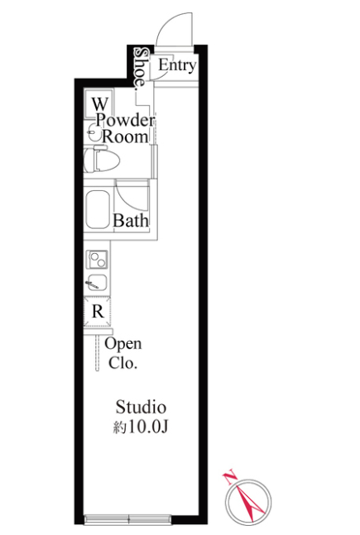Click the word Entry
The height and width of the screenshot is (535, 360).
[177, 65]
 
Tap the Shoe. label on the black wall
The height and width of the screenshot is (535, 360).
[141, 69]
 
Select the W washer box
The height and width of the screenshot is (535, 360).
[98, 103]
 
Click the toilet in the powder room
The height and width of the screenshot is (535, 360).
[102, 160]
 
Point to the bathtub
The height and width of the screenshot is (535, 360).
[98, 209]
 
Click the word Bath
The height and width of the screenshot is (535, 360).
[131, 221]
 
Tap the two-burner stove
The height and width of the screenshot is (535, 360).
[98, 260]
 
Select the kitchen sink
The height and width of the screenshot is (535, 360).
[98, 283]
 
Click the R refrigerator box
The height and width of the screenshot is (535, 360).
[98, 312]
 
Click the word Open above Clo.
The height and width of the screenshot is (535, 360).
[123, 344]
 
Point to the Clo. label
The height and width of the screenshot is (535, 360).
[123, 363]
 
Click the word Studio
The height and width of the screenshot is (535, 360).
[141, 407]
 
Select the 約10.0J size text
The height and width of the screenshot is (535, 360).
[141, 427]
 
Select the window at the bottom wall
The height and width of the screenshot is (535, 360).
[127, 519]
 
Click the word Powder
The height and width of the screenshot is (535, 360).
[125, 121]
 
